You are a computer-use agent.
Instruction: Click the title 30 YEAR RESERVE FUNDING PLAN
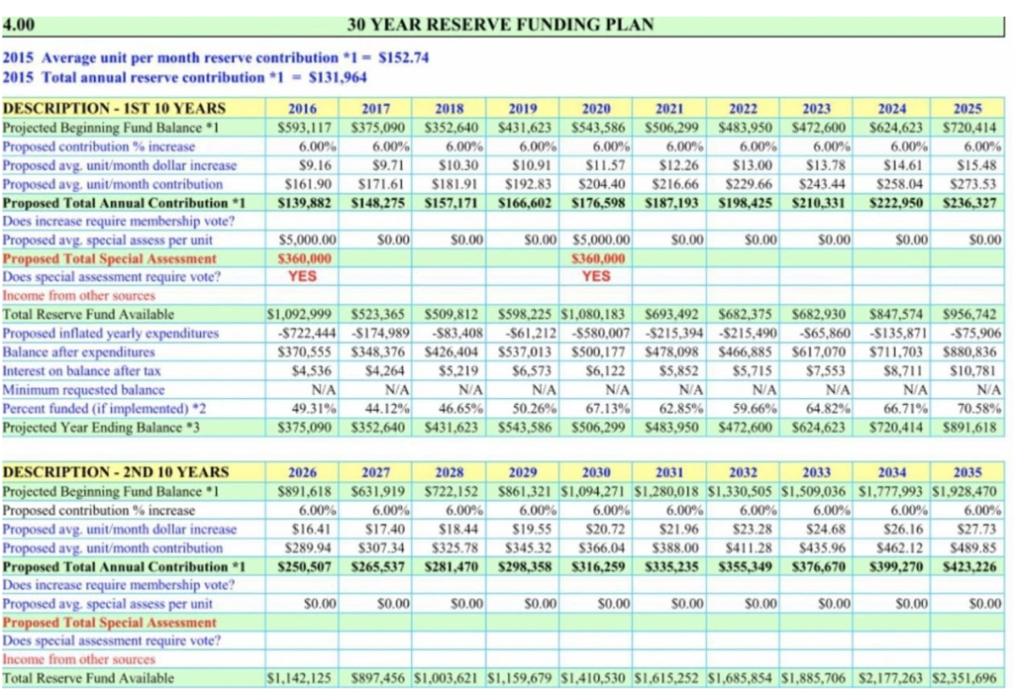coord(499,25)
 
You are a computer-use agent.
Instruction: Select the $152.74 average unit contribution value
coord(403,58)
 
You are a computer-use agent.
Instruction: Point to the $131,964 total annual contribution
coord(342,77)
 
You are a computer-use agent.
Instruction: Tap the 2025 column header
coord(967,108)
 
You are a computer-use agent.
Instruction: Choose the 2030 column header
coord(596,472)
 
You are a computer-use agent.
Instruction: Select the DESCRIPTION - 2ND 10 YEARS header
coord(116,472)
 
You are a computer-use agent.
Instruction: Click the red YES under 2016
coord(302,276)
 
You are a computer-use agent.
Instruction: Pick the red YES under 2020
coord(596,276)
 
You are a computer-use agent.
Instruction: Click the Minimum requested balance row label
coord(84,390)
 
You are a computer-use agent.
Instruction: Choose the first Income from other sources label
coord(79,295)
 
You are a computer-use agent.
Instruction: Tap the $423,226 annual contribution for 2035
coord(970,566)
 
